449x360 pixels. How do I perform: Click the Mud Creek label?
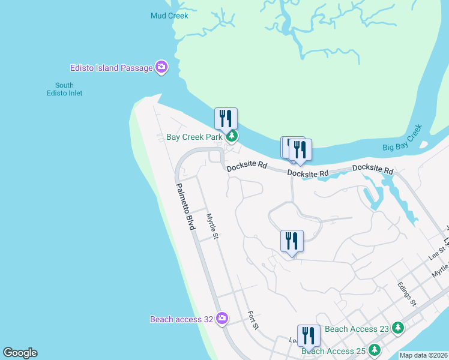click(x=169, y=16)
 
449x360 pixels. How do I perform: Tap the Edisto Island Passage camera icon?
click(x=161, y=67)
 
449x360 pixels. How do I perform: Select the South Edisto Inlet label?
click(x=64, y=89)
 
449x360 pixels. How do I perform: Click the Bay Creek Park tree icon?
click(x=231, y=137)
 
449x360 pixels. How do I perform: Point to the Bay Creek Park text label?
click(x=194, y=137)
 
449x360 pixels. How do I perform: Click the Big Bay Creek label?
click(x=402, y=139)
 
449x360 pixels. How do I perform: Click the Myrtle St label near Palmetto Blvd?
click(x=211, y=227)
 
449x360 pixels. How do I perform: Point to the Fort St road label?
click(x=253, y=320)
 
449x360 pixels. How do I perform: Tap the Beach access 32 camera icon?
click(x=222, y=318)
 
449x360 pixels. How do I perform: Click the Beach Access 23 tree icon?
click(x=397, y=328)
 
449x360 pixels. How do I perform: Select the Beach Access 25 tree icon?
click(x=375, y=350)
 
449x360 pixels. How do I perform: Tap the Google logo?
click(x=20, y=353)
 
